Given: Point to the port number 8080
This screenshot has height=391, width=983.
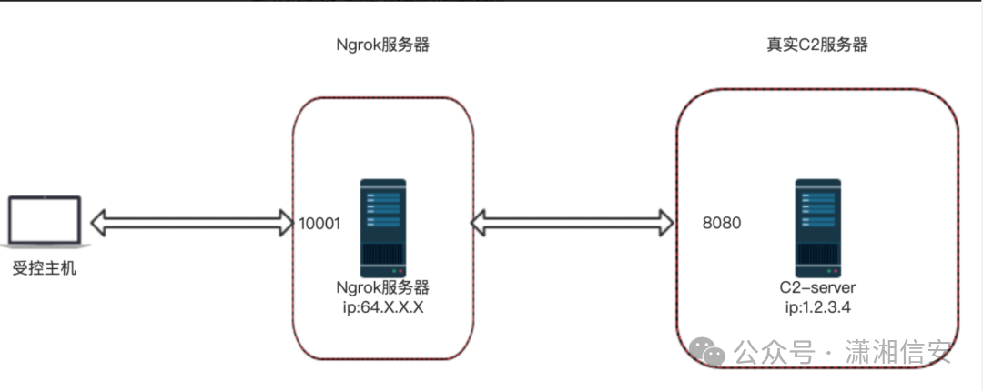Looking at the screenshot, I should click(x=722, y=222).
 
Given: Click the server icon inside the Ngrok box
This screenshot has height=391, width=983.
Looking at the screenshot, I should click(x=382, y=228).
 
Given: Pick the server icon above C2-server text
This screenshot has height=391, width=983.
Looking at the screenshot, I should click(x=817, y=228).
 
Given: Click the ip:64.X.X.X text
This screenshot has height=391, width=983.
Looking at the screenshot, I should click(x=381, y=306).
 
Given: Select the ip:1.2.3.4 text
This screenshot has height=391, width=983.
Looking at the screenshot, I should click(x=816, y=306).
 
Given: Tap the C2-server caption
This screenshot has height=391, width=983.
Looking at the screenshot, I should click(x=816, y=288).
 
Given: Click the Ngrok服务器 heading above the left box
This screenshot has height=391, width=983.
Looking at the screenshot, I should click(x=382, y=45).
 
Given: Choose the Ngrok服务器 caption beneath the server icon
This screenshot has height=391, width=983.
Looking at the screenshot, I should click(x=382, y=287).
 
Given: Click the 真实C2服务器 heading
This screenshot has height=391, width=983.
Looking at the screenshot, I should click(x=816, y=45).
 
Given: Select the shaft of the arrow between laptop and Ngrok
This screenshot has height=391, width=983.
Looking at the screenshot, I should click(x=191, y=221).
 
